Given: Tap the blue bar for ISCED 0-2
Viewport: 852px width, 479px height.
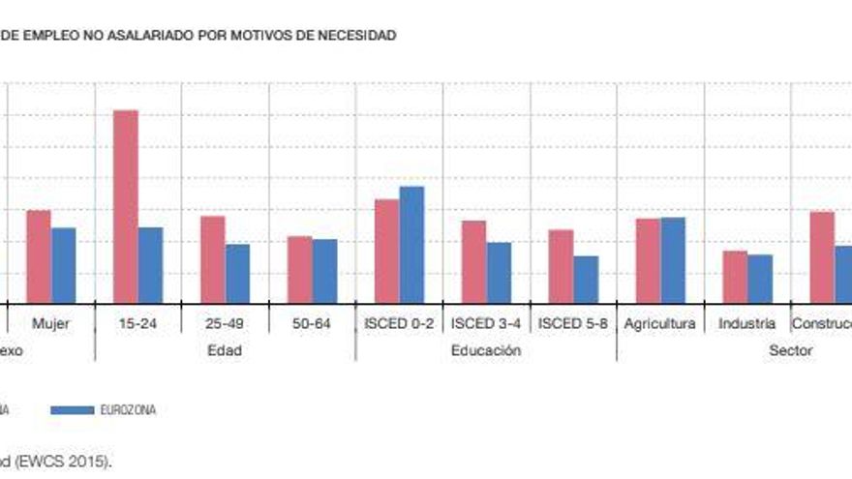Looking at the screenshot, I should [411, 244].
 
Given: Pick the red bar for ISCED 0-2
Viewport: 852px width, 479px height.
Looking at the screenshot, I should [387, 251].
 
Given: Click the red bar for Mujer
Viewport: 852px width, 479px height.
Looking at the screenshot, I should [39, 256].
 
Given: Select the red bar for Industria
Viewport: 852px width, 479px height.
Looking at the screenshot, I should [736, 277].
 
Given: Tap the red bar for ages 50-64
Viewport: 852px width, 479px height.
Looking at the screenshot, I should [300, 269].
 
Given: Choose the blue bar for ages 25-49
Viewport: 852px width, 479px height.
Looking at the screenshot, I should [237, 273].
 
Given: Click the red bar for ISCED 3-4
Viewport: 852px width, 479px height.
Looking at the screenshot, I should [474, 261].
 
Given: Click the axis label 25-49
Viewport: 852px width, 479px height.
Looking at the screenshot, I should [225, 323].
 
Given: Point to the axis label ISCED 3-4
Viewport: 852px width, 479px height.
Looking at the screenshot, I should [486, 323].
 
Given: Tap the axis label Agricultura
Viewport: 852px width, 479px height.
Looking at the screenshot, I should [660, 323].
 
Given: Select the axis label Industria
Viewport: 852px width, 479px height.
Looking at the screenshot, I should [746, 323].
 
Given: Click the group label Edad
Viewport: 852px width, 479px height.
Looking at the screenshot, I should [225, 350].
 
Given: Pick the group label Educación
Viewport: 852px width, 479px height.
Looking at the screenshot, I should [486, 350].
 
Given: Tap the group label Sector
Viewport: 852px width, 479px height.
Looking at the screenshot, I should [790, 350].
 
